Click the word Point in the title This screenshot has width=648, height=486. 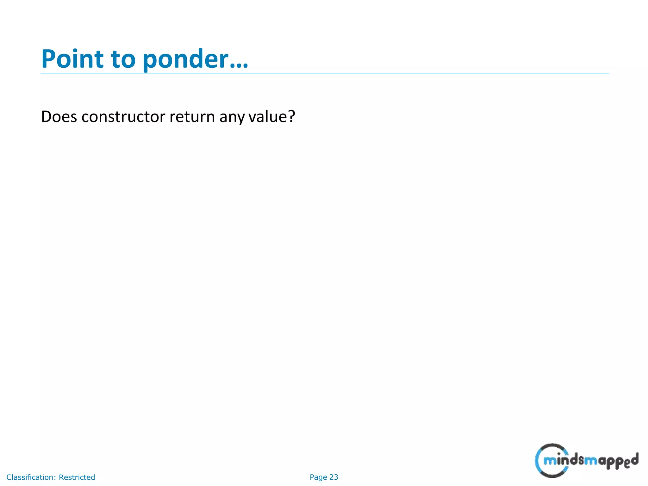click(x=72, y=59)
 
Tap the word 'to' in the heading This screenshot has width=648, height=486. click(x=123, y=59)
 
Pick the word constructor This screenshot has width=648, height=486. click(x=123, y=117)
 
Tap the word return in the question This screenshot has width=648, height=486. click(x=192, y=117)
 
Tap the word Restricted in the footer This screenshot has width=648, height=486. click(x=77, y=477)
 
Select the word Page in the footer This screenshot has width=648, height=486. click(x=318, y=477)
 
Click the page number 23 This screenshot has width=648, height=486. click(x=334, y=477)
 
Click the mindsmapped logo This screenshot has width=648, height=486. click(x=586, y=460)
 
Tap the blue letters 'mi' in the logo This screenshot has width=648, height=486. click(x=552, y=461)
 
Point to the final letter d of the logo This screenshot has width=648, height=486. click(x=634, y=459)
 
